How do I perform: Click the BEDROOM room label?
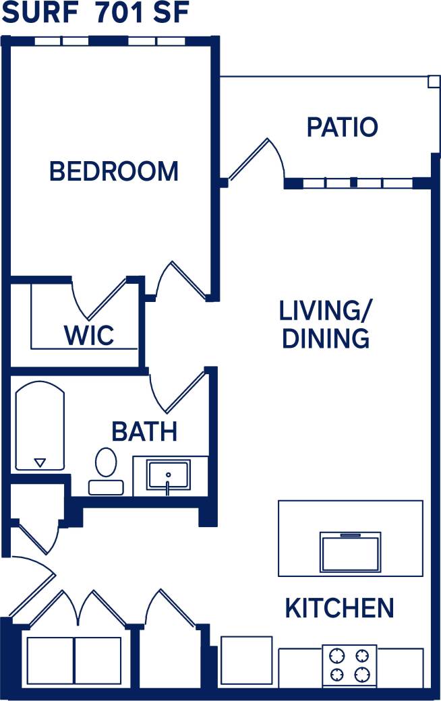point(114,171)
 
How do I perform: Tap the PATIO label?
point(342,127)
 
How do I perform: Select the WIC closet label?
point(88,335)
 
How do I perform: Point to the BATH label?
point(144,431)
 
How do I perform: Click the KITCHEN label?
point(339,608)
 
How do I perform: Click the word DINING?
point(326,338)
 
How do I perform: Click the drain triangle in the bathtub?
point(40,462)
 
